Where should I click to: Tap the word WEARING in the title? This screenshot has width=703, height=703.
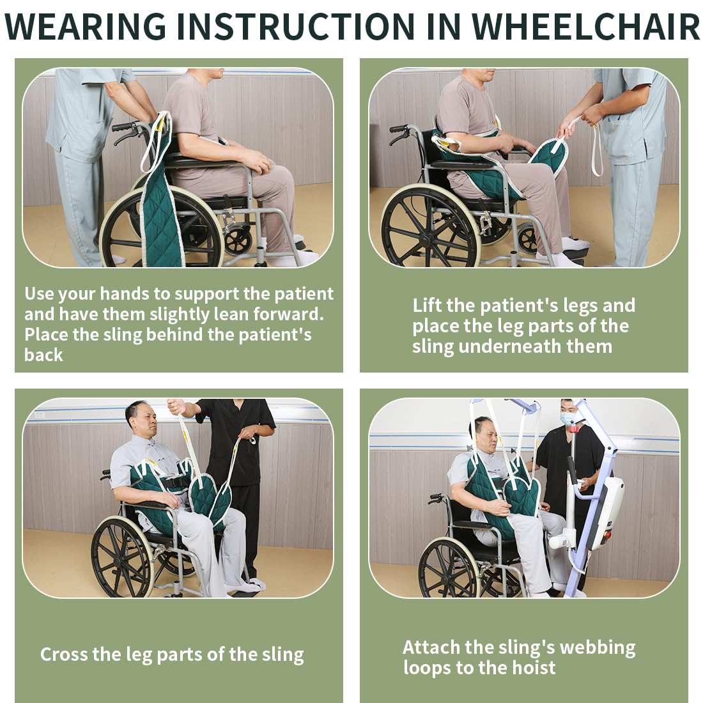click(86, 26)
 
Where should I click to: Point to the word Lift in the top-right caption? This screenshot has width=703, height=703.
click(427, 305)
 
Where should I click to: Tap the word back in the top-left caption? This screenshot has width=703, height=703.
click(43, 355)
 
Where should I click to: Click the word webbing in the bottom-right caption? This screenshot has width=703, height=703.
click(598, 647)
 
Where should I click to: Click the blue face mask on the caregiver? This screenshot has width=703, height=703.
click(568, 419)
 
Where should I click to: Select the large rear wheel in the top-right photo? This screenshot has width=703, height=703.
click(430, 226)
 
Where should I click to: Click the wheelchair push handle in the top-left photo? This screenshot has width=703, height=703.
click(125, 127)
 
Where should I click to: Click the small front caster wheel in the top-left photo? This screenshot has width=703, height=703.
click(238, 242)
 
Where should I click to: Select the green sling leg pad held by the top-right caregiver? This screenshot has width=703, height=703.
click(549, 156)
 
